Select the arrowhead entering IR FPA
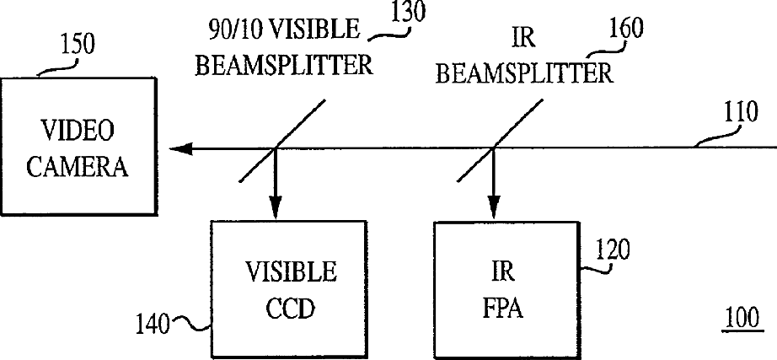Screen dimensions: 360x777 (492, 212)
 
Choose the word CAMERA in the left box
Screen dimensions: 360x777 (78, 166)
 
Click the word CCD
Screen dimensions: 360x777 (291, 308)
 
